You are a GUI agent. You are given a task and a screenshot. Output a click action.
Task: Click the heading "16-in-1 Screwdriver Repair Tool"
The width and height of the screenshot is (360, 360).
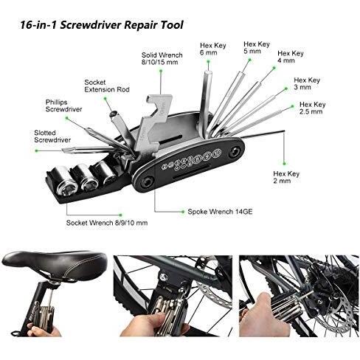point(101,25)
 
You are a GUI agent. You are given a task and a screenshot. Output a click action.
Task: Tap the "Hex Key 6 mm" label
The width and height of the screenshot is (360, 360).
point(212,49)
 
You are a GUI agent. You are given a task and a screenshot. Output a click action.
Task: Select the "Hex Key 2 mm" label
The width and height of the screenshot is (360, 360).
point(286,177)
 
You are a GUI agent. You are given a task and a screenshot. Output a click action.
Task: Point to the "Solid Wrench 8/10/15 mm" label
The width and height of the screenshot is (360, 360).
point(162,58)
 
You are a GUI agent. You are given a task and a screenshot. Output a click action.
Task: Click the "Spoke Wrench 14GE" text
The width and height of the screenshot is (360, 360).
point(220,212)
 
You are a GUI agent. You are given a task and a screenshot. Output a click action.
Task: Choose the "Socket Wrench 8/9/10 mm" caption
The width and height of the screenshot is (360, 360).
point(107,223)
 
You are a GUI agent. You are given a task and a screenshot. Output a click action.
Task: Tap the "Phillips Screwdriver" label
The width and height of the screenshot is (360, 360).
point(63,105)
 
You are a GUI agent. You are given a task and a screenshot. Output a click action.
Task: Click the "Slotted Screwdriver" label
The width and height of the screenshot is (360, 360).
point(52,136)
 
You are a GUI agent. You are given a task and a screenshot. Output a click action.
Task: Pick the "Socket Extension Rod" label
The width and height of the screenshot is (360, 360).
point(107,86)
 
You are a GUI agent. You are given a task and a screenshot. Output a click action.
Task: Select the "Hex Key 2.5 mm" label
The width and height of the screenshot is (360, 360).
point(312,108)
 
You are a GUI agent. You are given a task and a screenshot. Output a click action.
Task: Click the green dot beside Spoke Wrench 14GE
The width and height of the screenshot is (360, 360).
point(183,212)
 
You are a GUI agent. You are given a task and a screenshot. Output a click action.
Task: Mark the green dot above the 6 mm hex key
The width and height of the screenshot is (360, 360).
point(208,60)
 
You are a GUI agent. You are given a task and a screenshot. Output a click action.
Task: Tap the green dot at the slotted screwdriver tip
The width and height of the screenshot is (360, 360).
point(37,150)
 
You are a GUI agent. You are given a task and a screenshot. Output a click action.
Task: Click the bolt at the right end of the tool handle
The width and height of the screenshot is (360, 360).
point(235,151)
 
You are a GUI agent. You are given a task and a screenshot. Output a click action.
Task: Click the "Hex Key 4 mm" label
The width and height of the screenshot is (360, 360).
point(291,57)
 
